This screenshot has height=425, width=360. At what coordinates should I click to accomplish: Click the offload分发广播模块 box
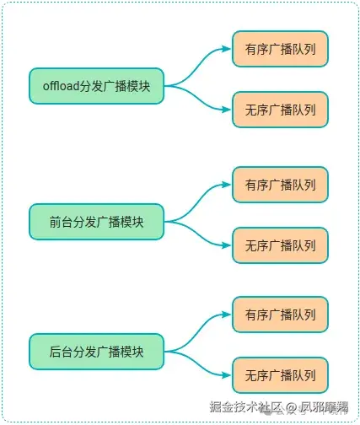point(96,85)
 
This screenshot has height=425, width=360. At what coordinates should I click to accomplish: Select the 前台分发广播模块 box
point(96,222)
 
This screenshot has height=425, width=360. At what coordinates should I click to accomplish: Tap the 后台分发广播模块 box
point(96,351)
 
